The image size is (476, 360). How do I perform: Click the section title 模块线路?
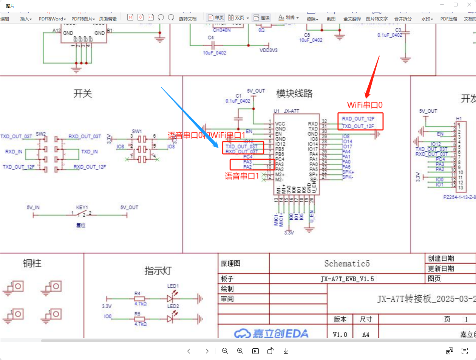point(295,93)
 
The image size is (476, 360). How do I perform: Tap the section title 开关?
point(83,94)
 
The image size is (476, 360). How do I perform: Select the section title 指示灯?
point(158,271)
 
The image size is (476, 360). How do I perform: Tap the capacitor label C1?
point(238,96)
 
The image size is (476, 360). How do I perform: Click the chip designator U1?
point(277,112)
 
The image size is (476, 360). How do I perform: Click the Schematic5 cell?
point(346,263)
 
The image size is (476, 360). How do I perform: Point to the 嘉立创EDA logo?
point(271,334)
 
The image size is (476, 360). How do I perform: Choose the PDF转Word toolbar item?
point(52,19)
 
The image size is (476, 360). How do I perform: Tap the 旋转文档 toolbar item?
point(187,19)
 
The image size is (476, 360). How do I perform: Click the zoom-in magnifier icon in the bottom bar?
point(240,351)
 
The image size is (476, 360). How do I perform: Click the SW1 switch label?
point(136,131)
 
